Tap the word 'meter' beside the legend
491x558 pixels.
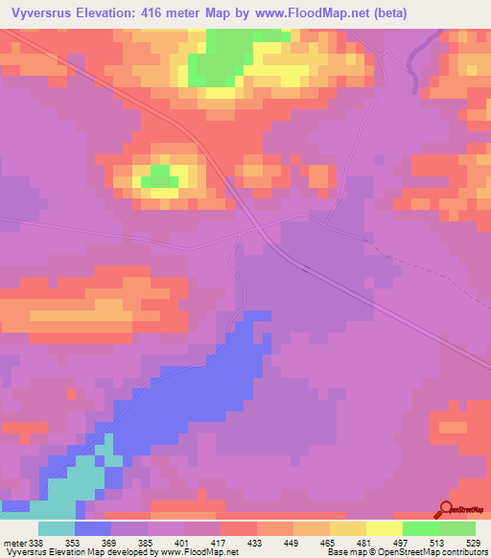[x=12, y=542]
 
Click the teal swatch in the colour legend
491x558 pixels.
[x=56, y=528]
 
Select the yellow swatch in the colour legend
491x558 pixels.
[x=385, y=528]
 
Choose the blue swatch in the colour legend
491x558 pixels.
[x=92, y=528]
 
